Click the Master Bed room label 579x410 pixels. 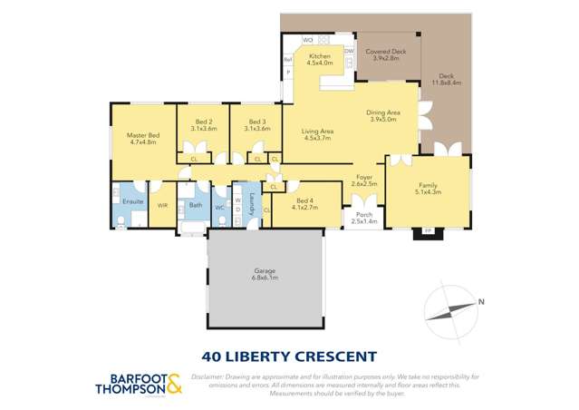(x=143, y=139)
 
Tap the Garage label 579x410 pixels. (x=265, y=273)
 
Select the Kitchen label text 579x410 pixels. (x=320, y=60)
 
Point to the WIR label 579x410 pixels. (x=162, y=206)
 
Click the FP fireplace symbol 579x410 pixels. (x=428, y=232)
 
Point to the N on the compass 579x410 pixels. (x=482, y=302)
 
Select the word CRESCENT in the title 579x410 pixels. (x=334, y=356)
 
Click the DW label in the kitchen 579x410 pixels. (x=348, y=52)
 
